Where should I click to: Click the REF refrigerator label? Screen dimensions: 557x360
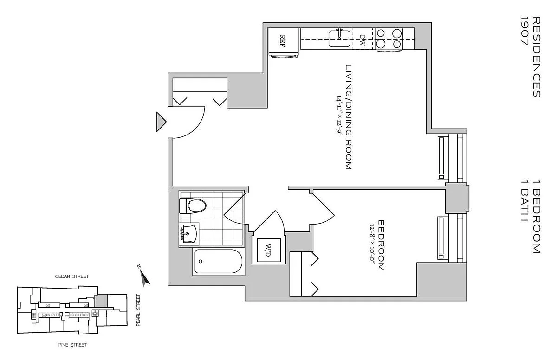point(283,41)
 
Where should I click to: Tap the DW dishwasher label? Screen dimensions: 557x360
point(363,40)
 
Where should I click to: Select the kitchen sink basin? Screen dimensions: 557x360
point(339,39)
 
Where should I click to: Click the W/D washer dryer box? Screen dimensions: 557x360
point(269,250)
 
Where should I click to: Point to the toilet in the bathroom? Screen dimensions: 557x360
point(193,206)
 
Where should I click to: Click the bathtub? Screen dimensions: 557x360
point(219,261)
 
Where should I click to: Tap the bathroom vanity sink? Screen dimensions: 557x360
point(189,234)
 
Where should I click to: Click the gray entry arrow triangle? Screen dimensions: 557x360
point(161,122)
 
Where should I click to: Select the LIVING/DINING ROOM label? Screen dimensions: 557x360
point(349,117)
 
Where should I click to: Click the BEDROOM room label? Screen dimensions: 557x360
point(381,245)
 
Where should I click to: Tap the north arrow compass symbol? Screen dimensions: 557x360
point(144,276)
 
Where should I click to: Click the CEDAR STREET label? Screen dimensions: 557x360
point(72,276)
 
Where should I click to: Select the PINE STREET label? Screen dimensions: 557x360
point(72,345)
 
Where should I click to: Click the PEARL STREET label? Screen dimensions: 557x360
point(138,310)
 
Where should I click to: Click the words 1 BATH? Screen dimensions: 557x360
point(525,200)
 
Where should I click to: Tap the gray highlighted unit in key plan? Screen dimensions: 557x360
point(101,301)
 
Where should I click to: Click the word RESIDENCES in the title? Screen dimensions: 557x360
point(537,57)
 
